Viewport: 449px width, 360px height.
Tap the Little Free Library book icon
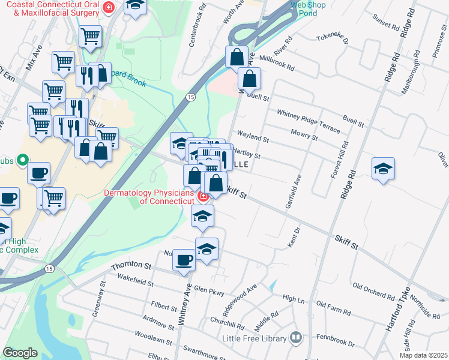pos(295,338)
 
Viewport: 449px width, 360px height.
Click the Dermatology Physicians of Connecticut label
pos(151,197)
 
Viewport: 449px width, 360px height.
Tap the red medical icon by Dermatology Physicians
pos(203,196)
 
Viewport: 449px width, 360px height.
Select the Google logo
pos(20,353)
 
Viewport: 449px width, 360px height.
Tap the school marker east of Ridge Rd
pos(383,169)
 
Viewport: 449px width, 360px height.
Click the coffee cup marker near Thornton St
pos(184,260)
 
